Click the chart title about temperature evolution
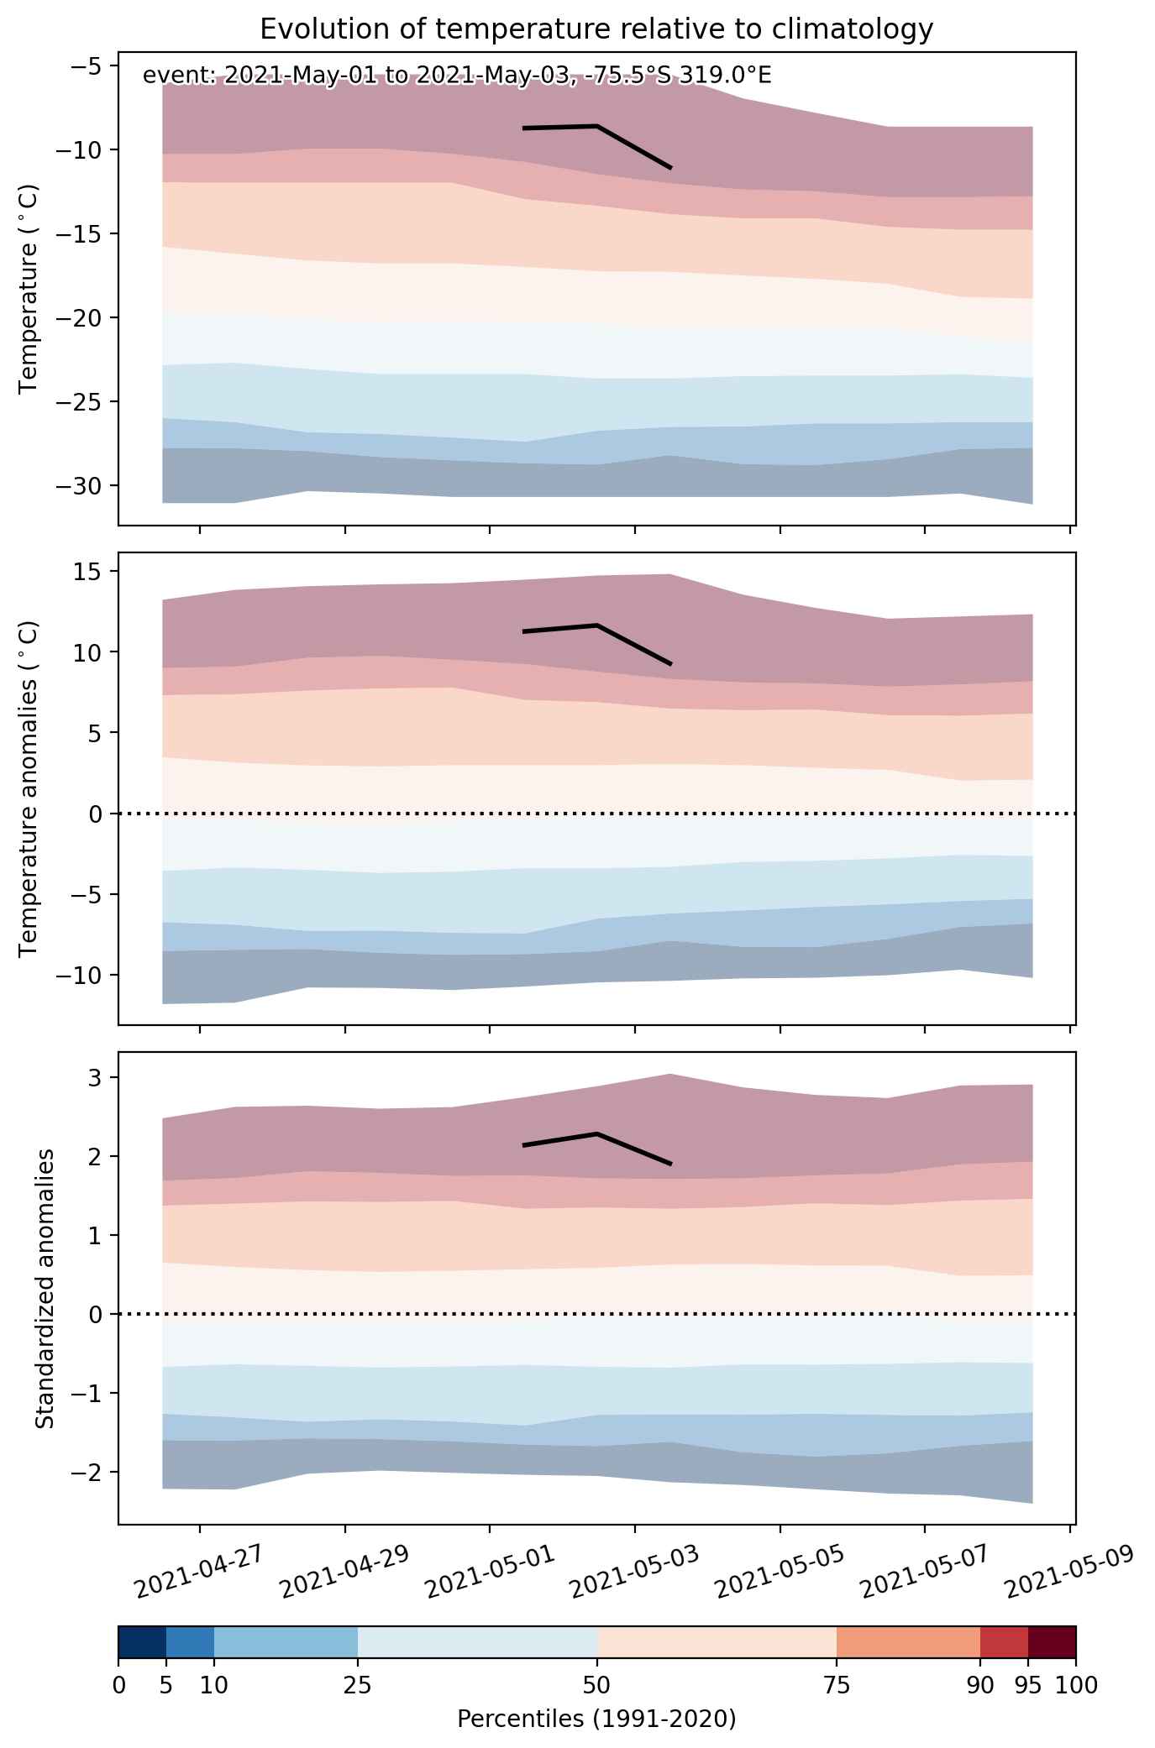[596, 29]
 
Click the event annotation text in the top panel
[457, 76]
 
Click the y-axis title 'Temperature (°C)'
[29, 289]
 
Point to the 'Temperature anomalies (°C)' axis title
[29, 788]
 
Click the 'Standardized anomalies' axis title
[45, 1288]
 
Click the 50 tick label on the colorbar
[597, 1685]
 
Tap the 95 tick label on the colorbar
[1028, 1685]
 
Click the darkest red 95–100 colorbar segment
[1052, 1642]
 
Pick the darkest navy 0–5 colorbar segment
[142, 1642]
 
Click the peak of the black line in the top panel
[597, 126]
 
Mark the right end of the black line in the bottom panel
[671, 1164]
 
